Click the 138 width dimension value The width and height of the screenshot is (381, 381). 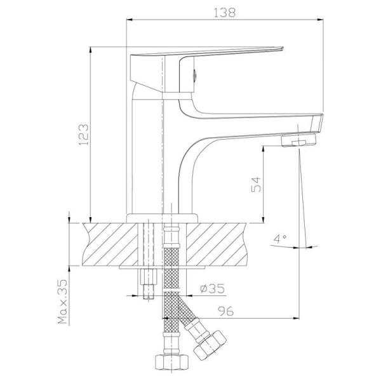[x=225, y=13]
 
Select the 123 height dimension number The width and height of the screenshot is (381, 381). [x=84, y=135]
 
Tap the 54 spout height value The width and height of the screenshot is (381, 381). [x=256, y=185]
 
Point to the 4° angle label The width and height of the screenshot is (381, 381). [x=281, y=239]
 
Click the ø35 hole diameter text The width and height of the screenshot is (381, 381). [x=212, y=288]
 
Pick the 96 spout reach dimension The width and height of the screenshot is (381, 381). [x=225, y=311]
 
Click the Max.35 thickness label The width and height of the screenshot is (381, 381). [x=62, y=302]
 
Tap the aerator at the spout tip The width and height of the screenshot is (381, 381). [x=299, y=140]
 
